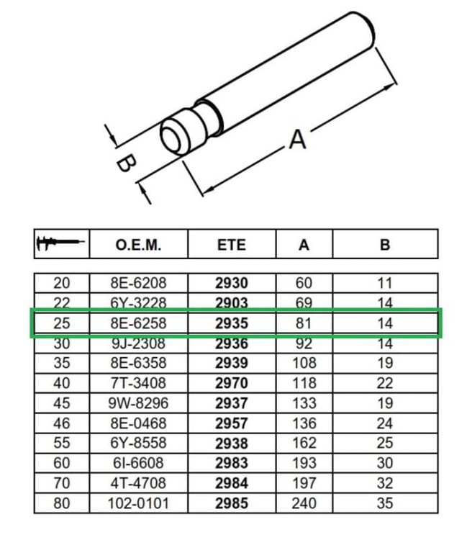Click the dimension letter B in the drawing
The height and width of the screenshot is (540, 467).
124,164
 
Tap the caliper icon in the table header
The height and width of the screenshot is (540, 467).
61,244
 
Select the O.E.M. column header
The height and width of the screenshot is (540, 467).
138,245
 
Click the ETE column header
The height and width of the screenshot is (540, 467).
231,245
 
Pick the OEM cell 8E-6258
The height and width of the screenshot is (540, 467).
138,323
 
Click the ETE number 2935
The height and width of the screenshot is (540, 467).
231,323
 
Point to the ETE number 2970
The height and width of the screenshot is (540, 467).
231,384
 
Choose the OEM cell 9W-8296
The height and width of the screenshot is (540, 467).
138,404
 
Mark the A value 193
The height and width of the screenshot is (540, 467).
304,464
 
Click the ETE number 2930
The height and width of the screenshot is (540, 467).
231,284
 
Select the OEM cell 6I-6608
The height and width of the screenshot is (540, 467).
138,464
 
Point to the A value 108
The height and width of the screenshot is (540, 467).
304,364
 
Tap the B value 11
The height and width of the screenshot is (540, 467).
385,284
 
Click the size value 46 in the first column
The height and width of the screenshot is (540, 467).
62,424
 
